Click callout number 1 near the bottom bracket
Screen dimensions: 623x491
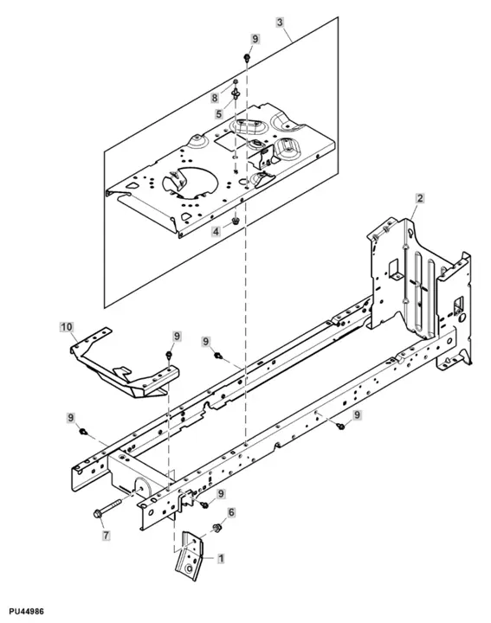click(221, 560)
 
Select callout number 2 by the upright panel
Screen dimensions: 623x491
click(418, 199)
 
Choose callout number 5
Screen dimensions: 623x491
click(219, 112)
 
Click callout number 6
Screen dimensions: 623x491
click(231, 513)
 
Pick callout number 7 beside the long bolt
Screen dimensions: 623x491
click(107, 536)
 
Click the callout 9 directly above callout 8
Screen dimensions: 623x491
click(255, 40)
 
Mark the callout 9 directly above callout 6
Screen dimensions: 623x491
click(221, 493)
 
